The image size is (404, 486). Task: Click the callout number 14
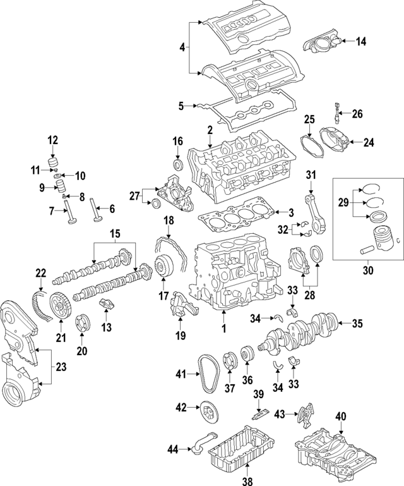point(360,42)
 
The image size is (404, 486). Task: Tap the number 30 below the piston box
point(368,271)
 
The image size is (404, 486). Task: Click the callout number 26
point(357,114)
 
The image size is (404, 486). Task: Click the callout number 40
point(341,416)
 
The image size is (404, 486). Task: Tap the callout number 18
point(169,220)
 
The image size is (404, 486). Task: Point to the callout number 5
point(181,106)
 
